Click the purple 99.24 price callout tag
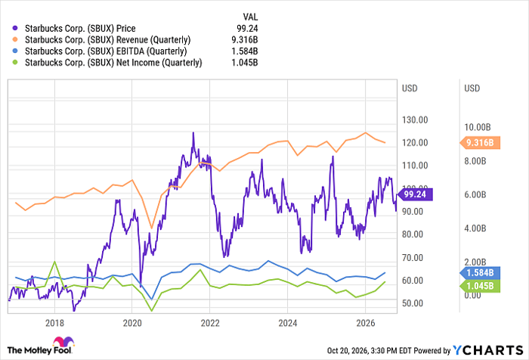click(x=415, y=194)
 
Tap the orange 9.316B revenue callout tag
click(x=480, y=143)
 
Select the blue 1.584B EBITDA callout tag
click(x=480, y=273)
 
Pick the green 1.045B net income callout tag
click(x=480, y=286)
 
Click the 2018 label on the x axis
click(x=54, y=323)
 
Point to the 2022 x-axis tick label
click(x=210, y=323)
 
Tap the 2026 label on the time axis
click(x=365, y=323)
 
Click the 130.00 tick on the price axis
click(x=415, y=120)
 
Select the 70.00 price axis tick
click(x=413, y=258)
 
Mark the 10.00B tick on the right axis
click(x=478, y=127)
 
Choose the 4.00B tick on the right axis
click(x=475, y=228)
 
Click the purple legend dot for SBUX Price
click(x=15, y=29)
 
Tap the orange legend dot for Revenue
click(x=15, y=40)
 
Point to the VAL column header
click(x=250, y=17)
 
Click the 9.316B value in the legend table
click(x=245, y=40)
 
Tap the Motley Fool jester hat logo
click(x=63, y=341)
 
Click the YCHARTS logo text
click(x=488, y=350)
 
